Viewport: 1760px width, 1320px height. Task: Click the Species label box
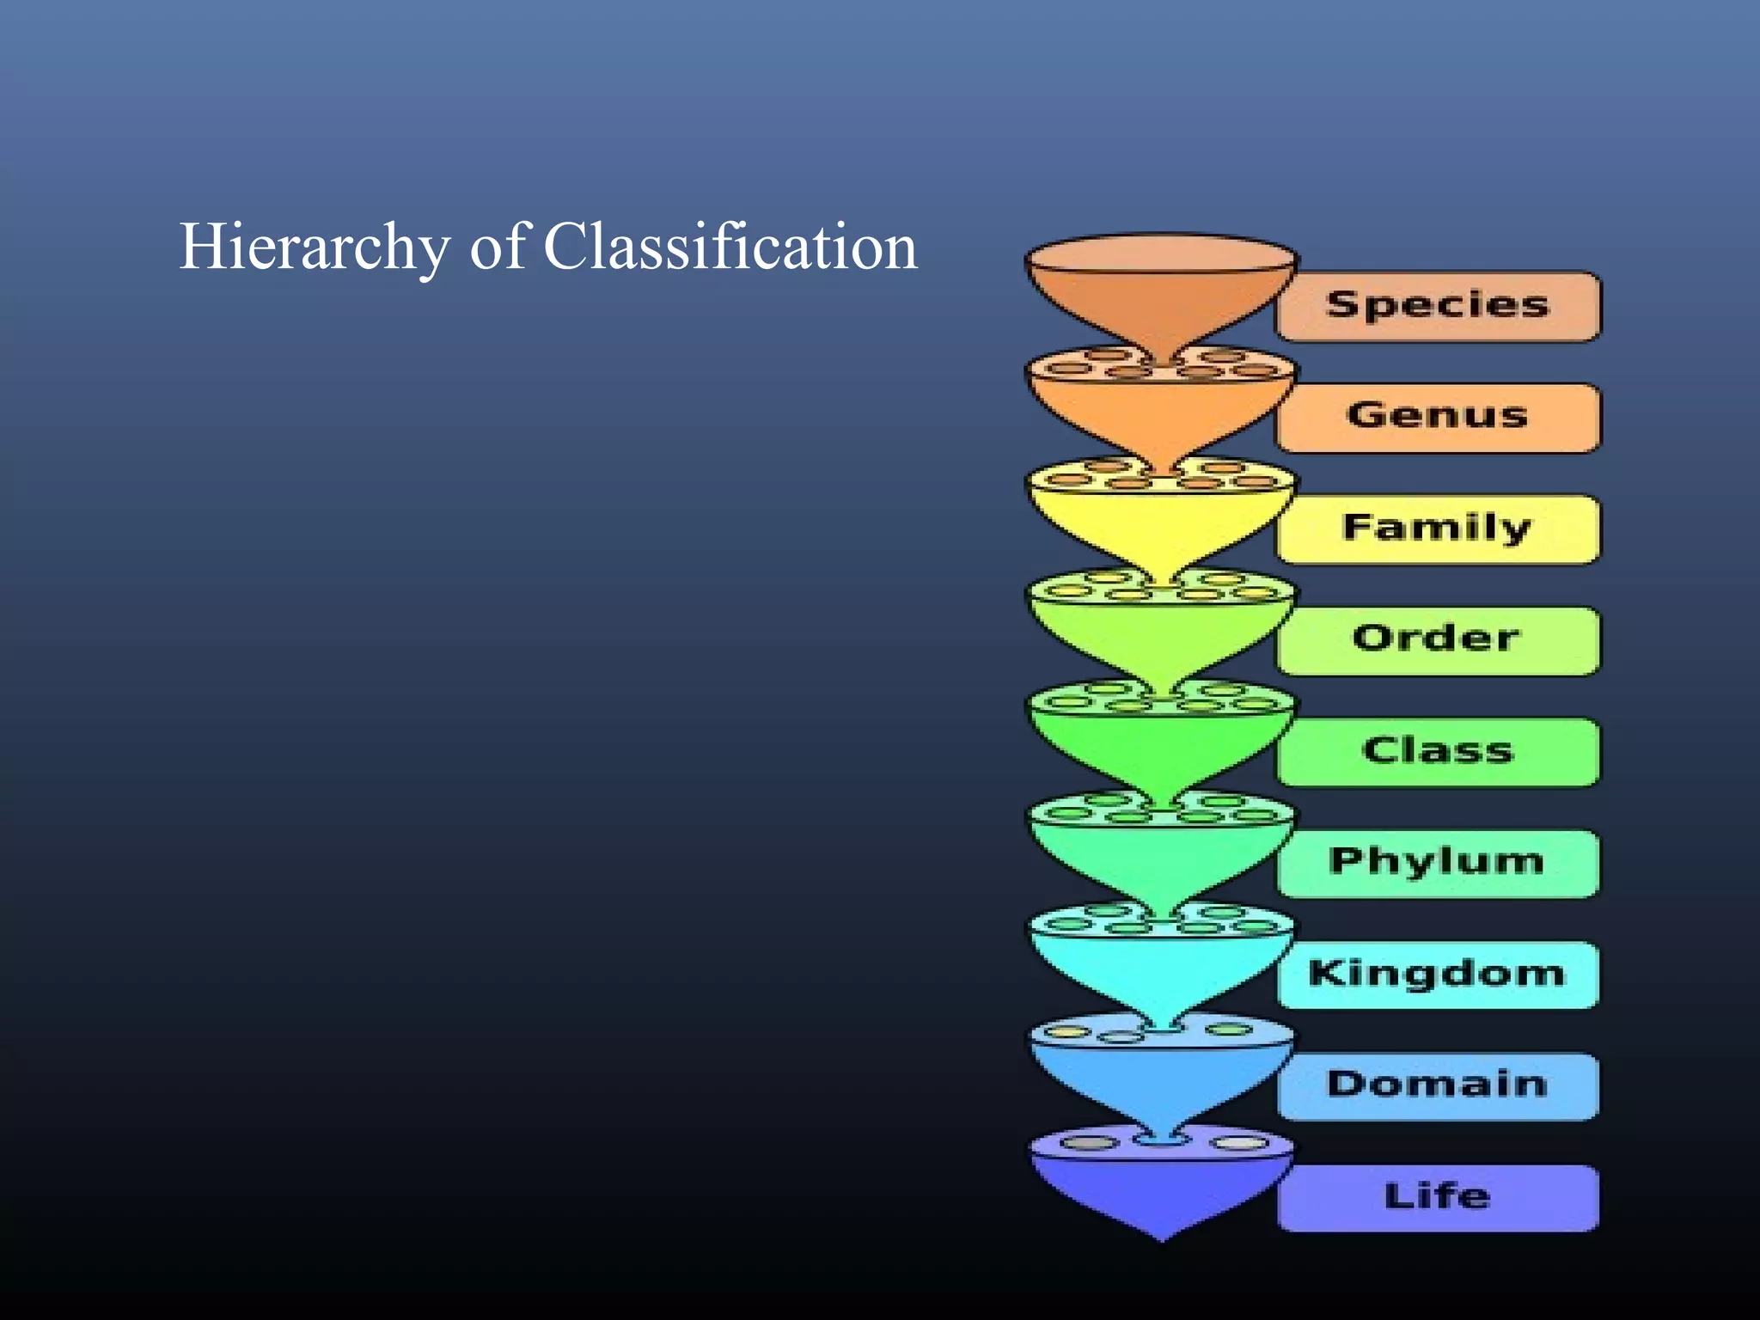1438,306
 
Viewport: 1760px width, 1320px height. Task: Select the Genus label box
1438,418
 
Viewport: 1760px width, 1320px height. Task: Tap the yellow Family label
1438,529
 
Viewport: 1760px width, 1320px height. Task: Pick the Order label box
1438,640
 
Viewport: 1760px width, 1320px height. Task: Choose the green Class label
1438,752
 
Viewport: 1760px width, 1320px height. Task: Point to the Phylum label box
1438,863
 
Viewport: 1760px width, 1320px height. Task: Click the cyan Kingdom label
1438,975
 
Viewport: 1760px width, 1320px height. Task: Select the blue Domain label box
1438,1085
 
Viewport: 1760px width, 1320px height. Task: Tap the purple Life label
1438,1197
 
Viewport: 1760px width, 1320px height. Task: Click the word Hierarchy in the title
314,247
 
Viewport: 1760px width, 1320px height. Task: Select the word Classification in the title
730,247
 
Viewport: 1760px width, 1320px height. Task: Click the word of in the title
497,247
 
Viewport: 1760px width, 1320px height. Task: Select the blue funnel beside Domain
1161,1079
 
